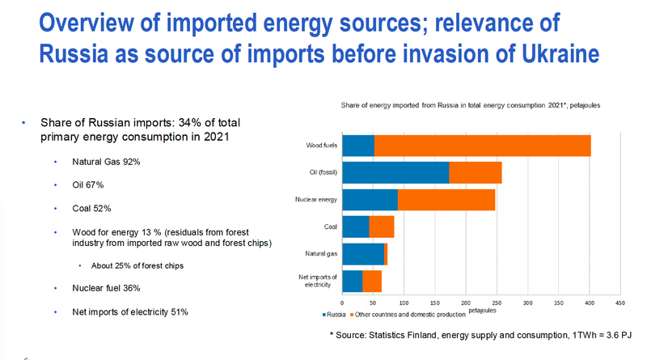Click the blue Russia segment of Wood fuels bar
pyautogui.click(x=358, y=146)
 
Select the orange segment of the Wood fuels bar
pyautogui.click(x=482, y=146)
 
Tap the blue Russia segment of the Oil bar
pyautogui.click(x=395, y=172)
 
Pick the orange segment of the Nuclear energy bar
pyautogui.click(x=446, y=199)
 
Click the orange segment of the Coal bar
pyautogui.click(x=381, y=227)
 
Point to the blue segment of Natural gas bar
pyautogui.click(x=363, y=253)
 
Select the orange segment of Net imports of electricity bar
pyautogui.click(x=372, y=281)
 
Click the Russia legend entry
pyautogui.click(x=334, y=312)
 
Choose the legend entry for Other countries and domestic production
pyautogui.click(x=410, y=312)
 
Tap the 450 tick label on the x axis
pyautogui.click(x=620, y=303)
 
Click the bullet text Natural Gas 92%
pyautogui.click(x=107, y=162)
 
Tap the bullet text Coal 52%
pyautogui.click(x=91, y=208)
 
